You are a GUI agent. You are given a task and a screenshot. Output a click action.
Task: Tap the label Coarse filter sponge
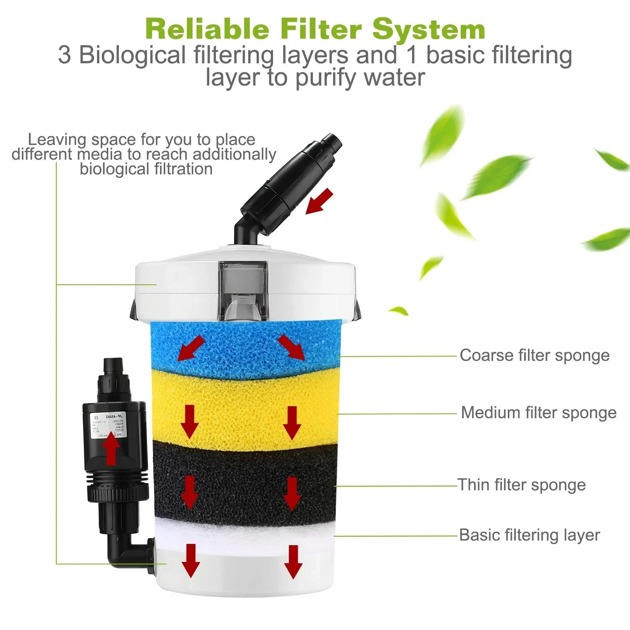click(x=534, y=355)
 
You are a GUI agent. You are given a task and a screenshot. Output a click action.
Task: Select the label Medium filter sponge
click(x=538, y=413)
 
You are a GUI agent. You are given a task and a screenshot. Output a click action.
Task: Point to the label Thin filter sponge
click(x=521, y=485)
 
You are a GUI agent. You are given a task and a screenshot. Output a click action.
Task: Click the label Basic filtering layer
click(x=529, y=535)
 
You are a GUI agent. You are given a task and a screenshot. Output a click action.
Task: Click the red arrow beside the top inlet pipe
click(x=319, y=201)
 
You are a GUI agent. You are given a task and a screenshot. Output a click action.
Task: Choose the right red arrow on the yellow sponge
click(x=292, y=422)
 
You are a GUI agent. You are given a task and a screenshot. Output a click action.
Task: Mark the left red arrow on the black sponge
click(x=190, y=492)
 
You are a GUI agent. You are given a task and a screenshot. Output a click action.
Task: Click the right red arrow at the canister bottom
click(x=293, y=562)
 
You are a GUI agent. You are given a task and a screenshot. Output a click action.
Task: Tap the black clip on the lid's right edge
click(x=358, y=309)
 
